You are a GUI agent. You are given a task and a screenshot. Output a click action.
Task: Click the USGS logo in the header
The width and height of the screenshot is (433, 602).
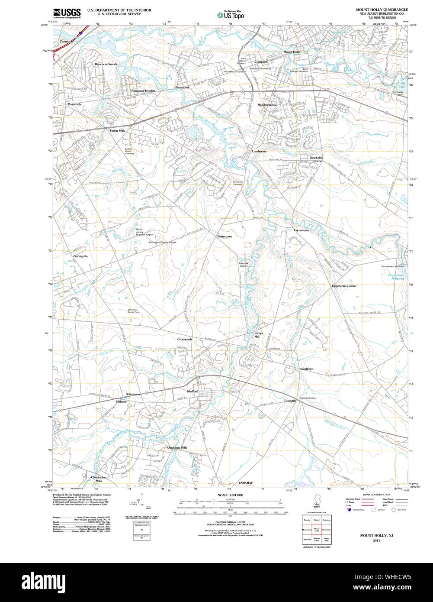(67, 13)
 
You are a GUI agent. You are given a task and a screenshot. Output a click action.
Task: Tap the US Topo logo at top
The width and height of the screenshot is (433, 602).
(231, 14)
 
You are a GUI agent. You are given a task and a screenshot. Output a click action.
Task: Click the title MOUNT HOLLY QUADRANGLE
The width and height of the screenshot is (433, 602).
(382, 10)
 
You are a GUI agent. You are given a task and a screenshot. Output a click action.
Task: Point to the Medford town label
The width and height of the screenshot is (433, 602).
(192, 392)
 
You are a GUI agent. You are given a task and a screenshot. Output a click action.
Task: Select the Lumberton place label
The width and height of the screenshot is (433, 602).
(259, 151)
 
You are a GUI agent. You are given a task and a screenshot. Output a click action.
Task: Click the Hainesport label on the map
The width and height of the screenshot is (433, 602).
(182, 87)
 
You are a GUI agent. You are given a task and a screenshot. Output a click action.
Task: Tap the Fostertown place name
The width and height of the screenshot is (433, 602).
(225, 236)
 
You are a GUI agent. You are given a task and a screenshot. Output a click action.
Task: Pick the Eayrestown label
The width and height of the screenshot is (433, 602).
(301, 230)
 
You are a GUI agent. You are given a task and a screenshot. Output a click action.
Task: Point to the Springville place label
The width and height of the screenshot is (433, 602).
(80, 256)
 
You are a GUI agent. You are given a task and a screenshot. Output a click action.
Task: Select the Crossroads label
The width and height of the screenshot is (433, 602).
(185, 340)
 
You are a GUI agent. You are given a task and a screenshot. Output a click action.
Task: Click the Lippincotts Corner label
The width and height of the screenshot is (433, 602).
(344, 286)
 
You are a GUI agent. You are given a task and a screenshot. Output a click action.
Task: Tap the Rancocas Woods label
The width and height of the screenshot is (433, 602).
(106, 64)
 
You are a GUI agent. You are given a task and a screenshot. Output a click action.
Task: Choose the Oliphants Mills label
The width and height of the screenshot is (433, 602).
(177, 447)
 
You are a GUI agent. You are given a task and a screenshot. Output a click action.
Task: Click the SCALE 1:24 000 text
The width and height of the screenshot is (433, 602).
(231, 495)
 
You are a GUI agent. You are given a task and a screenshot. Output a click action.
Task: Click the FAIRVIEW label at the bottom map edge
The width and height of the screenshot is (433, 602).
(245, 482)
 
